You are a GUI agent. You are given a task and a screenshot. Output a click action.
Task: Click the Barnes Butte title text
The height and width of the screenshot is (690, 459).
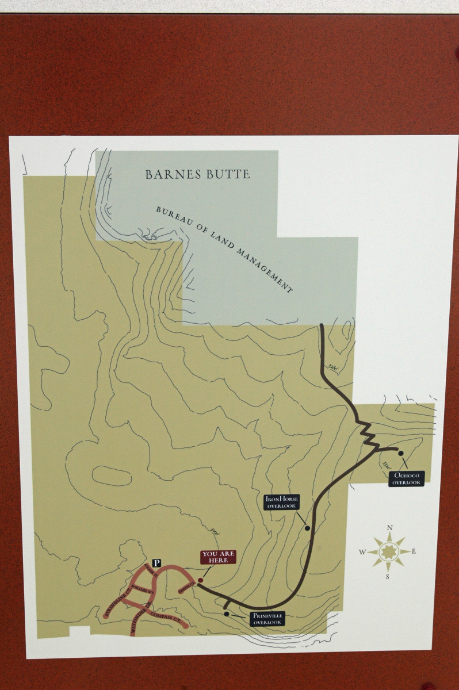click(197, 174)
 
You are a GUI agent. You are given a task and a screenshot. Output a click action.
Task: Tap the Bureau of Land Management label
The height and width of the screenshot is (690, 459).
click(224, 248)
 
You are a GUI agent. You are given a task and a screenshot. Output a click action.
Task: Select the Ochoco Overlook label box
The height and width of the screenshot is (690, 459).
click(407, 478)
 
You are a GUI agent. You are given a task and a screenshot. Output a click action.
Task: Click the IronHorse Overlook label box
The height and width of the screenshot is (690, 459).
click(281, 502)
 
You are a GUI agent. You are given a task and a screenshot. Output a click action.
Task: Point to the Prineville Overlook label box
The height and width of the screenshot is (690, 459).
click(267, 619)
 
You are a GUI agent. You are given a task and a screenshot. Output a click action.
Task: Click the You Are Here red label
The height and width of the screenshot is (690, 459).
click(218, 557)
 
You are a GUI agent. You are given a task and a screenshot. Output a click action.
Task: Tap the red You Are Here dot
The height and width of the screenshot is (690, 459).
click(200, 580)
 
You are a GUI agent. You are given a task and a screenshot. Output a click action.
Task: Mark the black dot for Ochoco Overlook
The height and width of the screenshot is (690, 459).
click(401, 453)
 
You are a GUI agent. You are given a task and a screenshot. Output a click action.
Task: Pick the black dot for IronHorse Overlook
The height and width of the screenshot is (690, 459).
click(307, 528)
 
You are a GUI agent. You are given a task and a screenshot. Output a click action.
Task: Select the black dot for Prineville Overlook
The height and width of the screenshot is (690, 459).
click(227, 614)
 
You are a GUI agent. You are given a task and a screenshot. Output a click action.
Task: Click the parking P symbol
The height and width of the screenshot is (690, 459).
click(156, 563)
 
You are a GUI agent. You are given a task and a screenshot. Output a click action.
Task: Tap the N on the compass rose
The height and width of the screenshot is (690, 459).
click(389, 528)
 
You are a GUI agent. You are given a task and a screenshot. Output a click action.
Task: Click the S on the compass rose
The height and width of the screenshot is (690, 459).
click(388, 577)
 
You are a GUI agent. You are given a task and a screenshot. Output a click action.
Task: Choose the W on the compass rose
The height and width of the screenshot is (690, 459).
click(362, 553)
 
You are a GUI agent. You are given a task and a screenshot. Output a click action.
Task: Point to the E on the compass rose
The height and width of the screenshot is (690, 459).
click(414, 552)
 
